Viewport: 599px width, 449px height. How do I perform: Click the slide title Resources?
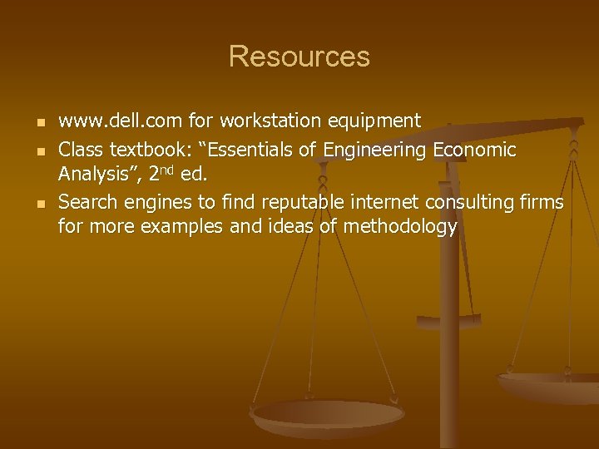click(299, 57)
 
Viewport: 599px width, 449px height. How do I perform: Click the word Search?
click(87, 203)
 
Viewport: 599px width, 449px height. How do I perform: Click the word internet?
click(385, 203)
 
